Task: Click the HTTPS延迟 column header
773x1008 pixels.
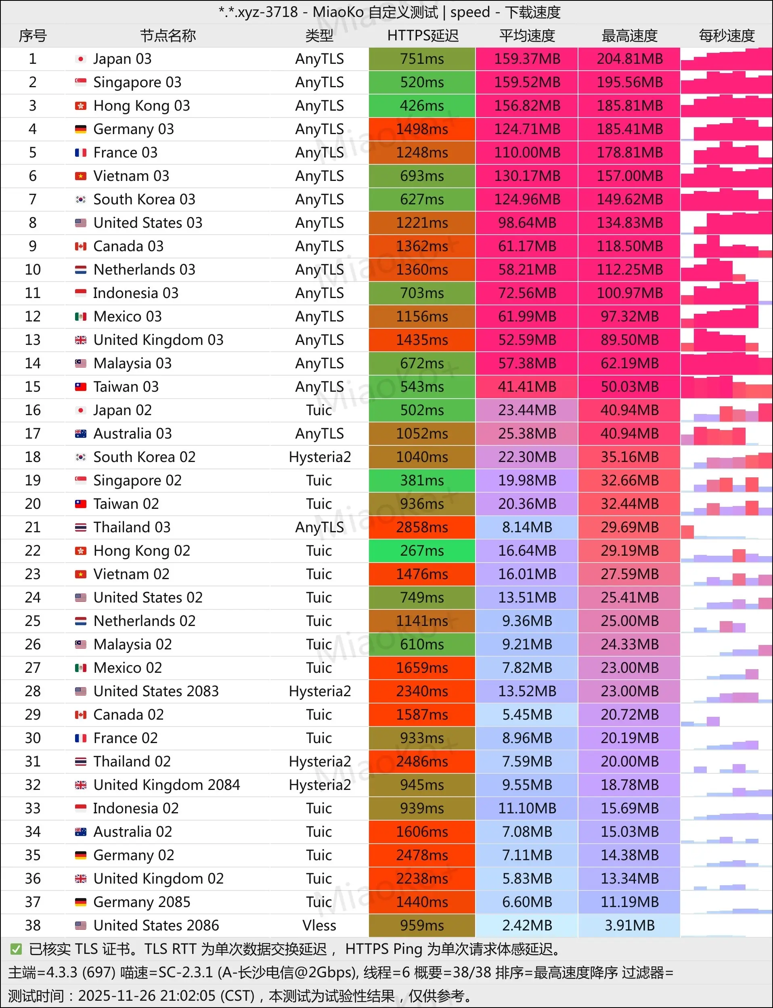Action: point(422,36)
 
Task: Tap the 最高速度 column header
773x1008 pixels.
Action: point(629,36)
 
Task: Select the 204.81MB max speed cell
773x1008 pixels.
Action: point(629,59)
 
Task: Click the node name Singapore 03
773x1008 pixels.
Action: point(137,82)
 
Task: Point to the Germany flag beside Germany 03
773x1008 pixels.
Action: point(80,129)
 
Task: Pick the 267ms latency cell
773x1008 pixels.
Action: point(421,550)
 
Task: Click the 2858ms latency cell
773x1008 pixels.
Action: point(421,527)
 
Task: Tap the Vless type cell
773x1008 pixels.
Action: point(319,925)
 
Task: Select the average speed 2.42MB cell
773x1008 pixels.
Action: point(527,925)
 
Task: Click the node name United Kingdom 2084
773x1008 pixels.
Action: point(167,785)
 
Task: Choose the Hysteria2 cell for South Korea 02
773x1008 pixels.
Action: point(319,457)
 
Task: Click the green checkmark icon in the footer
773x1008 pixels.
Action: point(16,949)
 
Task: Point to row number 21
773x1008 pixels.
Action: point(33,527)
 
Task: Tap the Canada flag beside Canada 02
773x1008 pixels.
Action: point(80,715)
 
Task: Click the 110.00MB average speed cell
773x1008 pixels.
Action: point(527,153)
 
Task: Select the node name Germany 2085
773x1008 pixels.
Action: point(142,902)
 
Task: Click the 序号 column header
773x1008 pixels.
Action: point(33,36)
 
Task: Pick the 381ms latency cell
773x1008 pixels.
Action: point(421,481)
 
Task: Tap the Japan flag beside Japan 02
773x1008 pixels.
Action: point(80,410)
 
